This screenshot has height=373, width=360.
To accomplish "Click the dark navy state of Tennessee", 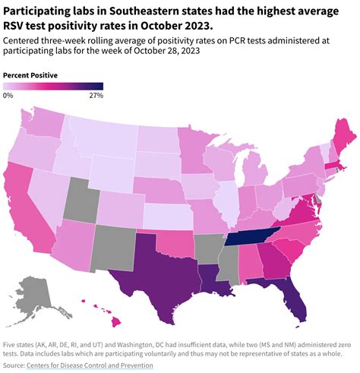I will [x=254, y=236].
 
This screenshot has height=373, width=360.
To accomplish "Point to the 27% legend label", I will [x=96, y=96].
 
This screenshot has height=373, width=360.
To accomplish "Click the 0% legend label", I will [x=8, y=96].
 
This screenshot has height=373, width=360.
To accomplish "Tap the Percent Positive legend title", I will [x=30, y=75].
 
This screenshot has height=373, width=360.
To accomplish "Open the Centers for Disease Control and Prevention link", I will [x=90, y=365].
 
